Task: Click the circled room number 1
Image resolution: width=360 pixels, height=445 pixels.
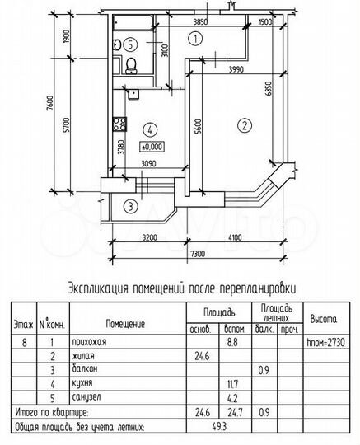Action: (x=194, y=37)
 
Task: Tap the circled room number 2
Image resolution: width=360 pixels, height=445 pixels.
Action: (x=244, y=126)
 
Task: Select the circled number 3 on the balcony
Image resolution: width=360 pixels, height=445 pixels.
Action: (x=129, y=206)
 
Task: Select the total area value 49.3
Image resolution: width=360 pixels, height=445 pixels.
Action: (x=217, y=429)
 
